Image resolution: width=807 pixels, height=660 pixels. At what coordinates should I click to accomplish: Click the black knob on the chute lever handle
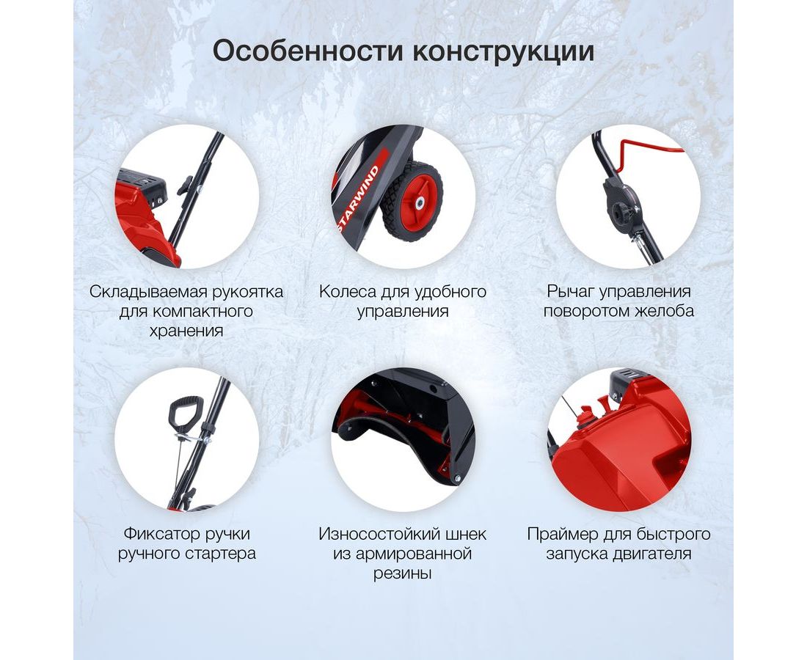click(x=619, y=211)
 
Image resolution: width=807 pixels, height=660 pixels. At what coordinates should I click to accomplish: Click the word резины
click(x=403, y=573)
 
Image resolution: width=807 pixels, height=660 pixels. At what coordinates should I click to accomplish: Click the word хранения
click(x=186, y=331)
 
